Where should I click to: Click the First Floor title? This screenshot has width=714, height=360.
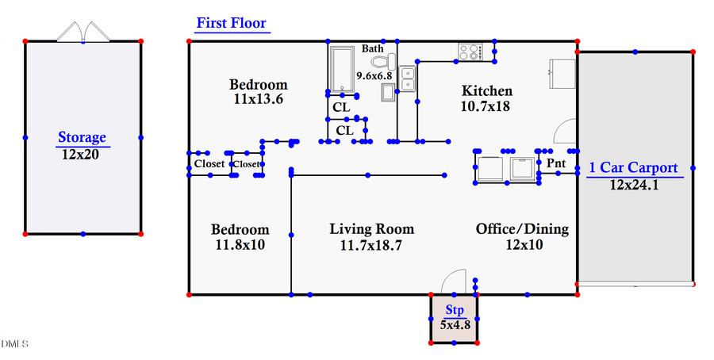point(231,23)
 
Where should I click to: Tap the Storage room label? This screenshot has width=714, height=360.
point(82,138)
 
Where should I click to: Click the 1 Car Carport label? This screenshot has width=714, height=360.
point(633,168)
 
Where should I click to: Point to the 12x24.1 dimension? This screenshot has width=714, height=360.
point(634,185)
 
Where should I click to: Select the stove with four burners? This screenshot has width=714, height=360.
point(470,52)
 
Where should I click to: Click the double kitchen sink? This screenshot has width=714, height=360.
point(409,79)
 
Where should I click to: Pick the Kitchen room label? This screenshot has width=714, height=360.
point(486,91)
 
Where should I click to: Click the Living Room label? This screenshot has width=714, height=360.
point(371,229)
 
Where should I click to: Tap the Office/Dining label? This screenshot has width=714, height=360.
point(522,229)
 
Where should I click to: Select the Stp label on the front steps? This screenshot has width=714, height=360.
point(455,310)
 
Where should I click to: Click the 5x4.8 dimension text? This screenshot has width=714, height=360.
point(455,324)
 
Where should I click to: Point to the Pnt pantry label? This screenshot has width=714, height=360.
point(556,163)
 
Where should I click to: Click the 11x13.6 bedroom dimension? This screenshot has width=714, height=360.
point(259,100)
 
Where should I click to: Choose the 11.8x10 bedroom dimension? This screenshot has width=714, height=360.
point(240,245)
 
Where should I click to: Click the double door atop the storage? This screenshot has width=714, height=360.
point(83,31)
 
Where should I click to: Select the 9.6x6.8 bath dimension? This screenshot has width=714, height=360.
point(374,76)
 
